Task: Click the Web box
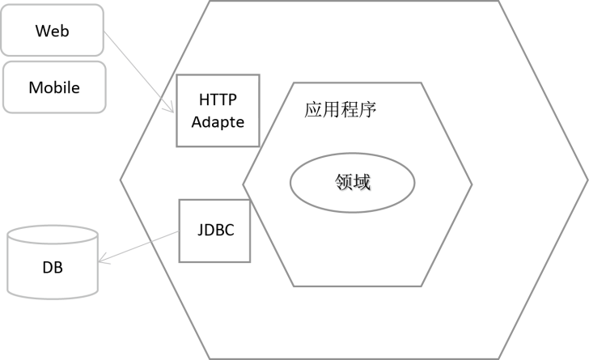pos(53,31)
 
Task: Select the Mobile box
pos(54,87)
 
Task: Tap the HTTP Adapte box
pos(218,110)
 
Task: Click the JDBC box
pos(214,231)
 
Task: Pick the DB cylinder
pos(53,267)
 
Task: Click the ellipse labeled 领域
pos(352,183)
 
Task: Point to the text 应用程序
pos(341,108)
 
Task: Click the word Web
pos(53,32)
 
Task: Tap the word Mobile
pos(54,87)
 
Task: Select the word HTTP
pos(218,100)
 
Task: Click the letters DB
pos(53,268)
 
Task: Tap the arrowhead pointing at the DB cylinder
pos(102,260)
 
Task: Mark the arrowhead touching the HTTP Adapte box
pos(171,110)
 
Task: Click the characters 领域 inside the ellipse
pos(352,183)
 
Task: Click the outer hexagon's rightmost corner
pos(587,180)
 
